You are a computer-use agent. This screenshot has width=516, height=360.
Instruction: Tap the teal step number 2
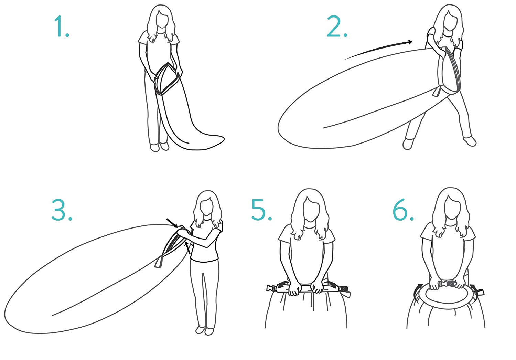pos(337,26)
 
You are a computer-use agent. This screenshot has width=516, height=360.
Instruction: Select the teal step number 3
pos(62,210)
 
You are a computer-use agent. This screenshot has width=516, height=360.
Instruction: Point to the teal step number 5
pos(261,210)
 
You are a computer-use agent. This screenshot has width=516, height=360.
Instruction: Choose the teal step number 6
pos(403,210)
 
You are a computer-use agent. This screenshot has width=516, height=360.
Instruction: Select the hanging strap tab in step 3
pos(159,262)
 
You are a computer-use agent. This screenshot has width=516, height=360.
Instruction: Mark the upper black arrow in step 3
pos(172,223)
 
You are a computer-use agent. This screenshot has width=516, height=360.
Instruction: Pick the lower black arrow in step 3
pos(188,248)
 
